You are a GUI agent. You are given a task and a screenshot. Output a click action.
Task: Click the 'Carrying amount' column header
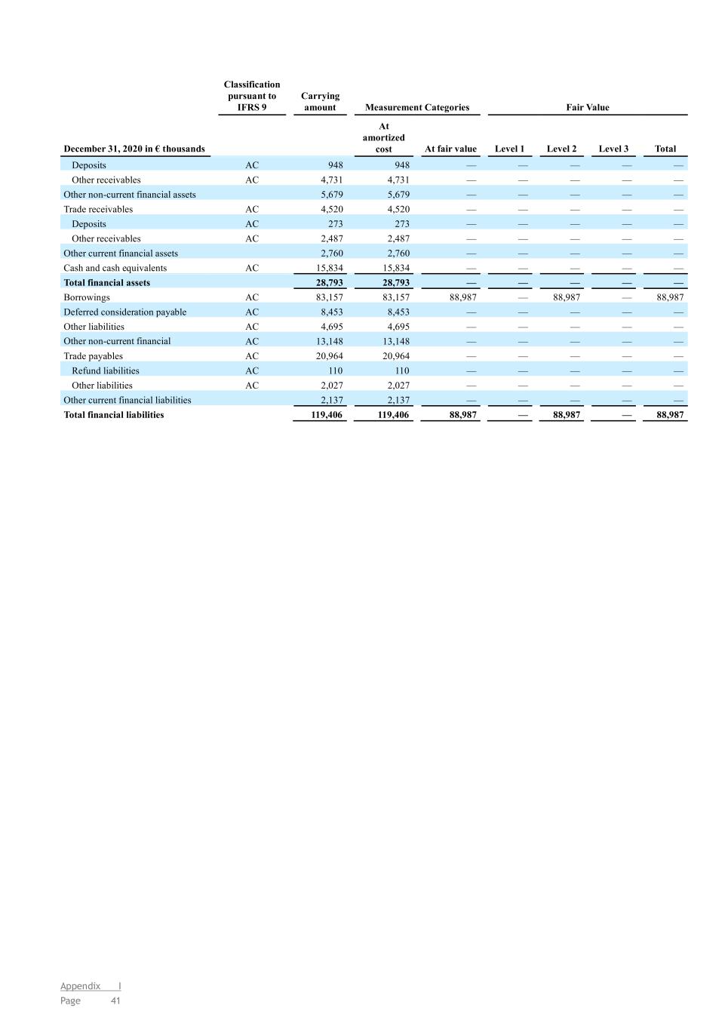(x=320, y=102)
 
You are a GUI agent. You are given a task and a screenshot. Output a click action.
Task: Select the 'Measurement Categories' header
(x=416, y=107)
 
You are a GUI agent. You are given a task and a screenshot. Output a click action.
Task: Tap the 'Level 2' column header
(x=561, y=149)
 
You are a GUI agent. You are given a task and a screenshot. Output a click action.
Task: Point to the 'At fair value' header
(x=450, y=149)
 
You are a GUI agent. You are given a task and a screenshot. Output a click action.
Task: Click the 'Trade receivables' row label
(x=98, y=209)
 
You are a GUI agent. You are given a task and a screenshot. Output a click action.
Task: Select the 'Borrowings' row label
(x=87, y=297)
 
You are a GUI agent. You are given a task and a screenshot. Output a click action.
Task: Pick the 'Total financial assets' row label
(x=106, y=283)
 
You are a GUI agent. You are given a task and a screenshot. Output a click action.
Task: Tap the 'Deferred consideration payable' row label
(x=124, y=312)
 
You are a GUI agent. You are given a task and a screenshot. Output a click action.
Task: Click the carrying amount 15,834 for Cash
(x=329, y=268)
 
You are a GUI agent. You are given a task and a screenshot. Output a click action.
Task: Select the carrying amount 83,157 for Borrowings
(x=329, y=297)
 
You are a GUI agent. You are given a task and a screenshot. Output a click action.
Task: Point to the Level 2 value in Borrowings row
(x=567, y=297)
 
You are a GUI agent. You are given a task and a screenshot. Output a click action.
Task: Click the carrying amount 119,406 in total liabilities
(x=327, y=415)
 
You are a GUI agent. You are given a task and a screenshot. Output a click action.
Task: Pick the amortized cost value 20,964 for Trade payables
(x=396, y=356)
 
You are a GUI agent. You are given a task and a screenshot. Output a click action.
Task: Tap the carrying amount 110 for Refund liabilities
(x=335, y=370)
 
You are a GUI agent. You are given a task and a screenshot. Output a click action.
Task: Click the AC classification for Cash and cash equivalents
(x=252, y=268)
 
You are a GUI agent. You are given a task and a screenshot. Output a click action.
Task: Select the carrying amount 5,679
(x=332, y=195)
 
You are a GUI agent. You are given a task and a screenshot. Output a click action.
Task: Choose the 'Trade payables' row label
(x=93, y=356)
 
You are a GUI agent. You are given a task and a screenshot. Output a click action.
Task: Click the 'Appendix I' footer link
(x=91, y=986)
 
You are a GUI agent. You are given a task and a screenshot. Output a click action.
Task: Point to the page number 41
(x=115, y=1001)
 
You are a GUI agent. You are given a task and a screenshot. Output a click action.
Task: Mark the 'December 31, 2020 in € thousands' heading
(x=134, y=149)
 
